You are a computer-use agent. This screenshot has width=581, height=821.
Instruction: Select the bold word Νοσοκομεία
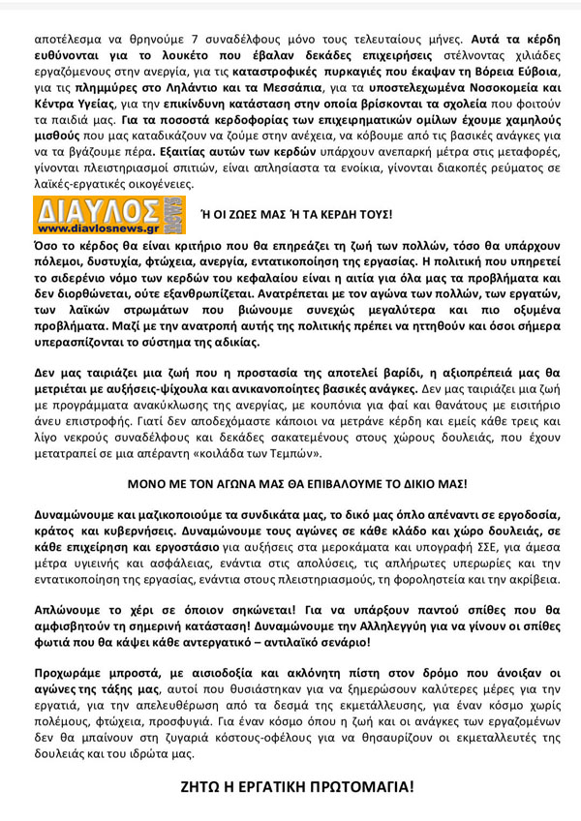click(504, 87)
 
